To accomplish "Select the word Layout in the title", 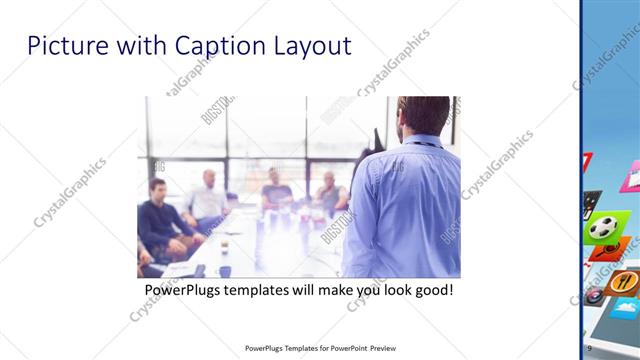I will [314, 46].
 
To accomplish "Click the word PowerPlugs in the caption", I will [185, 291].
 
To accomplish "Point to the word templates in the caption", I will [263, 291].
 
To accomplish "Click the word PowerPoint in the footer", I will [345, 348].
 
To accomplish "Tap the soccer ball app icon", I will [602, 227].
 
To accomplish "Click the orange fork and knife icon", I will [623, 283].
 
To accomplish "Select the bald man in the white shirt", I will [208, 200].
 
